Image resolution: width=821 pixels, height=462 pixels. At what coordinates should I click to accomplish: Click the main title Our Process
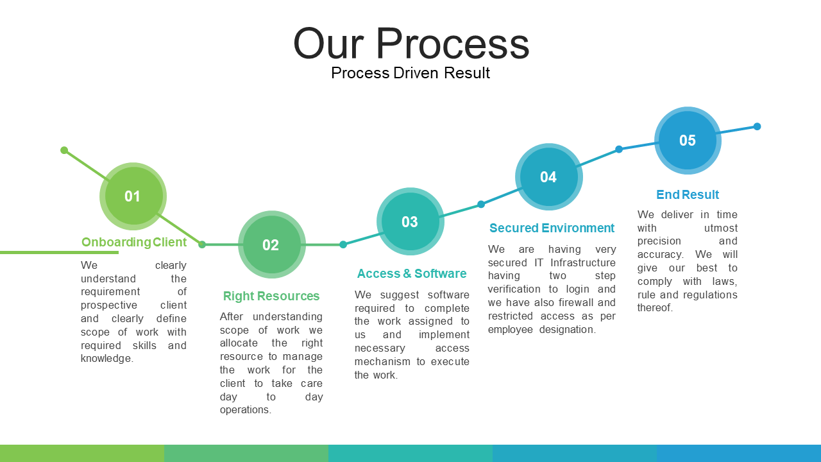click(x=411, y=43)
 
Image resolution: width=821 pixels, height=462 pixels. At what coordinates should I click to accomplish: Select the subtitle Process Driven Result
click(x=410, y=73)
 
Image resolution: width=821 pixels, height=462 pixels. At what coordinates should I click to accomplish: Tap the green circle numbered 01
click(x=133, y=196)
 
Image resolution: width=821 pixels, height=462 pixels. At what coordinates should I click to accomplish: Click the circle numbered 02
click(x=271, y=244)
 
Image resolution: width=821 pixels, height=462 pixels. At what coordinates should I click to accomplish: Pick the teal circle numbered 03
click(x=410, y=221)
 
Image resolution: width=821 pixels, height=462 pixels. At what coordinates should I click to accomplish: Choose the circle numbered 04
click(x=548, y=176)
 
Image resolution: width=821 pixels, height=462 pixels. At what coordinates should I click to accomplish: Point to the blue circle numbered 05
click(x=688, y=141)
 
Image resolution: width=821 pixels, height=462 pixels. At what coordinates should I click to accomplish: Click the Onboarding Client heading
click(x=134, y=242)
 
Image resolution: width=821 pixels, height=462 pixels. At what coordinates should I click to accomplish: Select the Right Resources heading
click(x=271, y=296)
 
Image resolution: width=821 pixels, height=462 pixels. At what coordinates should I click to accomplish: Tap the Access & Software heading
click(x=412, y=273)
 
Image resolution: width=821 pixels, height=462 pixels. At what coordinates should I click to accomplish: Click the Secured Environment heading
click(x=552, y=228)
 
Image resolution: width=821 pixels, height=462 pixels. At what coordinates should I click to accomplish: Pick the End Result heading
click(x=688, y=194)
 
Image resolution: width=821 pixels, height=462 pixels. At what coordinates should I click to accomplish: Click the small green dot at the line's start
click(x=64, y=150)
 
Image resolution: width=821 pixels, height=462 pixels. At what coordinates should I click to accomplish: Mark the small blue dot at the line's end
click(x=758, y=126)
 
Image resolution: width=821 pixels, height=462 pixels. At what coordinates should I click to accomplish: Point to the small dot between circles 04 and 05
click(x=619, y=150)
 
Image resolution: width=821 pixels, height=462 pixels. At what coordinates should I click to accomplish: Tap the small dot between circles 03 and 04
click(x=481, y=204)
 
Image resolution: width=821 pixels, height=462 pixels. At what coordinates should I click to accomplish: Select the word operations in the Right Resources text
click(x=246, y=410)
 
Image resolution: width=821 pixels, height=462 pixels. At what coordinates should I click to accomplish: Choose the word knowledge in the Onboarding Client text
click(x=107, y=359)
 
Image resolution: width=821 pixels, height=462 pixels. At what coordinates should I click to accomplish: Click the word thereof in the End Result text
click(x=655, y=307)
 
